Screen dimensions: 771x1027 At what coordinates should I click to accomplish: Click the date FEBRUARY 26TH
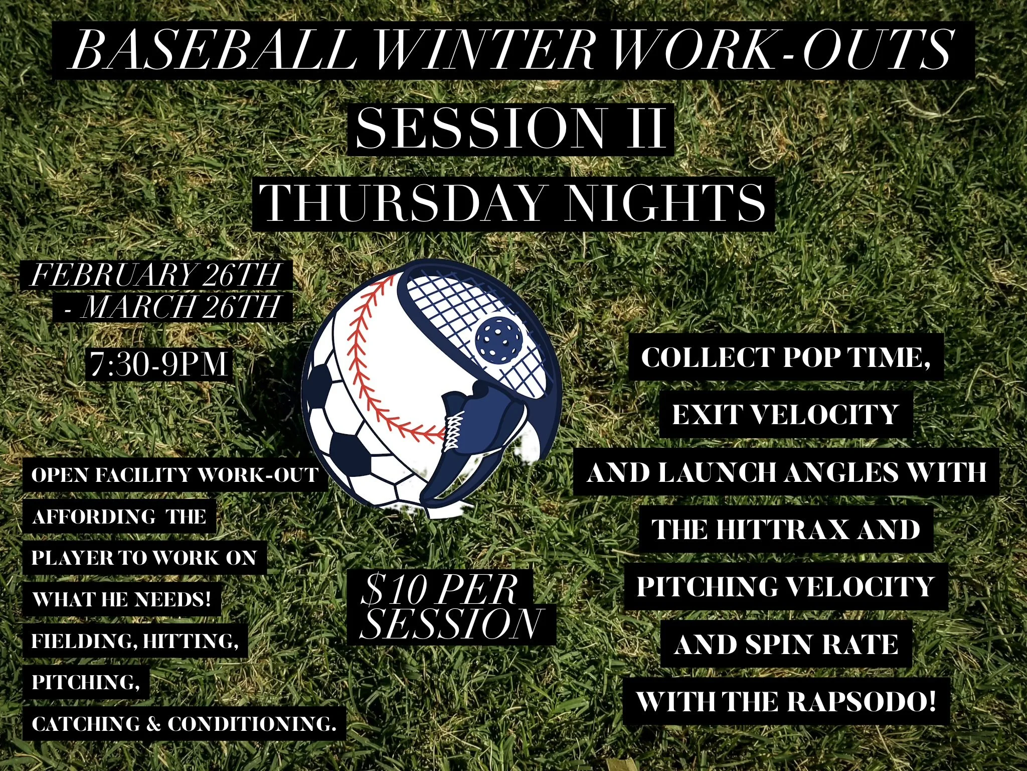pyautogui.click(x=155, y=275)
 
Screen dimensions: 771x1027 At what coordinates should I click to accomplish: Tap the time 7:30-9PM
pyautogui.click(x=159, y=364)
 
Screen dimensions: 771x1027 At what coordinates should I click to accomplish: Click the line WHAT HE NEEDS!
pyautogui.click(x=121, y=599)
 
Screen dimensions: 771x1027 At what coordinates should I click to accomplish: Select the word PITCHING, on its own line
pyautogui.click(x=86, y=682)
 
